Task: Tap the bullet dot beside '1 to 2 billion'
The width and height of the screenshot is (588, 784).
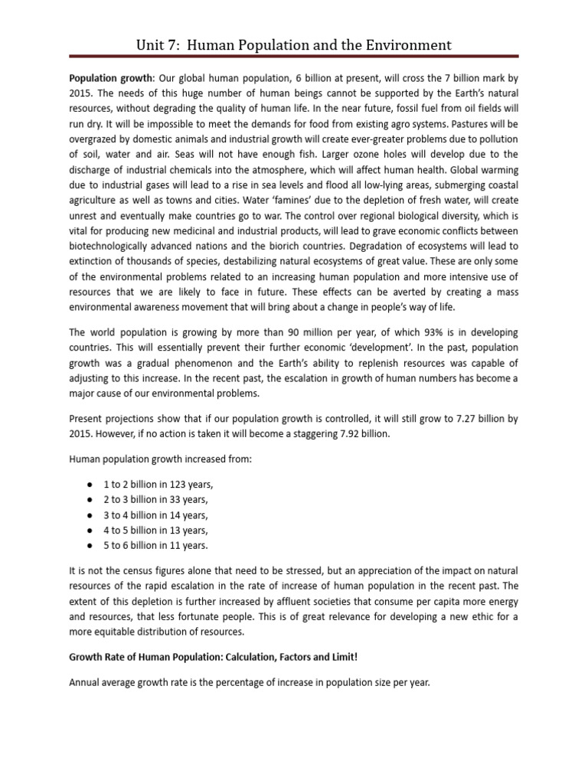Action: (90, 485)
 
